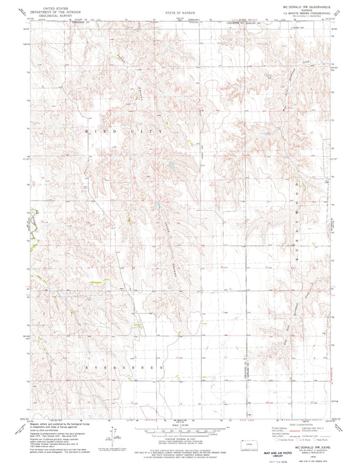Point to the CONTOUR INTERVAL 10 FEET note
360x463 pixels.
coord(179,420)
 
